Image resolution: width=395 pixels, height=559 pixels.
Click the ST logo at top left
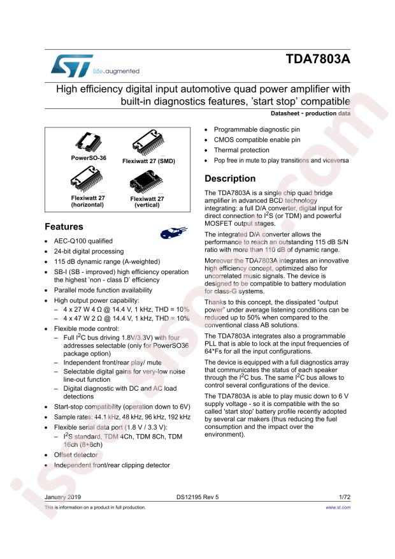click(x=66, y=64)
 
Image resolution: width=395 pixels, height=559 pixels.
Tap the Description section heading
click(x=229, y=178)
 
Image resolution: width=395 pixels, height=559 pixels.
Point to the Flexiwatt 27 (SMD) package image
click(x=148, y=143)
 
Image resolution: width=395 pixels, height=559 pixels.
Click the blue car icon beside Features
click(x=173, y=232)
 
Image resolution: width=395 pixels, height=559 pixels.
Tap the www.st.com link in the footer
click(x=338, y=507)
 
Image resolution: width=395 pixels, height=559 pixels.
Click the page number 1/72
click(x=343, y=495)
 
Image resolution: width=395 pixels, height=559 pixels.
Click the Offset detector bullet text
click(x=76, y=455)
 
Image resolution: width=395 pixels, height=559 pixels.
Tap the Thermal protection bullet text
click(x=241, y=150)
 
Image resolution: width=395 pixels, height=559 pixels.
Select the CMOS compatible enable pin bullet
click(x=256, y=140)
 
